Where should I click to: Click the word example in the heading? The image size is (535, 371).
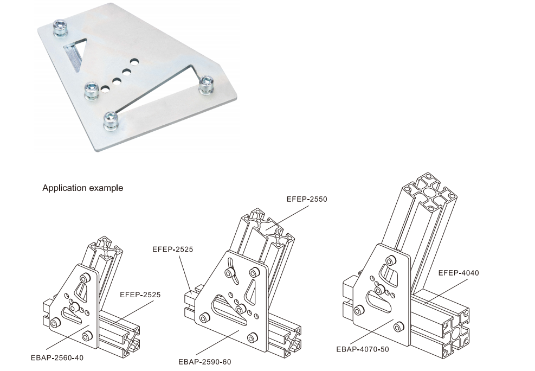(x=106, y=188)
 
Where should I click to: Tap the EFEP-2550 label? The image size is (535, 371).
(x=307, y=199)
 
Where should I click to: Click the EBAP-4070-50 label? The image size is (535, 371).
(x=362, y=349)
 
